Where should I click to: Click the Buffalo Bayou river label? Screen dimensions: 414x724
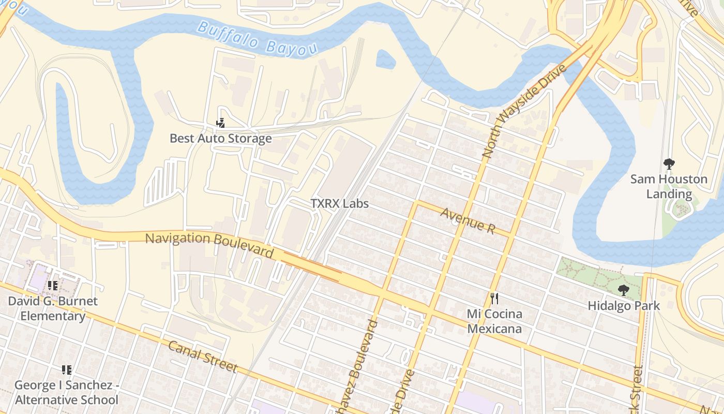point(257,38)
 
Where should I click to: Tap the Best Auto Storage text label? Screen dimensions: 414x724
point(221,138)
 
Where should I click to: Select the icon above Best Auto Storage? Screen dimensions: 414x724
point(221,123)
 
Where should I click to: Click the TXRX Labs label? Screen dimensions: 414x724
point(340,203)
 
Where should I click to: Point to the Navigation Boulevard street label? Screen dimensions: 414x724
point(209,245)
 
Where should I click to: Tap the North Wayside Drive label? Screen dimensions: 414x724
point(524,111)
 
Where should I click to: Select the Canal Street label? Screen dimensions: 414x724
point(203,357)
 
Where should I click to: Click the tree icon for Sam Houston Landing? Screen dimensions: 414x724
point(669,165)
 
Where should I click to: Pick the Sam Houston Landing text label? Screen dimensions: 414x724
point(669,186)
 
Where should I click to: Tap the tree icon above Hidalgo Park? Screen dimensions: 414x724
point(623,290)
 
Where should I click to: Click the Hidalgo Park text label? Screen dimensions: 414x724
point(624,306)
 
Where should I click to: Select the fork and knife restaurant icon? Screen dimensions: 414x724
point(494,299)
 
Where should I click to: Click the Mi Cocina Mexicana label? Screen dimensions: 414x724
point(494,321)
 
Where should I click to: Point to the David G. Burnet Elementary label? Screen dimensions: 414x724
point(53,308)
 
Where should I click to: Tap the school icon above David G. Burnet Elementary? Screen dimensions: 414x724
point(53,285)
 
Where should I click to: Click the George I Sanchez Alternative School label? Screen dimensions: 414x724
point(67,392)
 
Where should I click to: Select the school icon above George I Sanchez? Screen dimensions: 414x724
point(67,369)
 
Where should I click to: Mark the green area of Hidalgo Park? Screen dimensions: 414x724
point(584,272)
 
